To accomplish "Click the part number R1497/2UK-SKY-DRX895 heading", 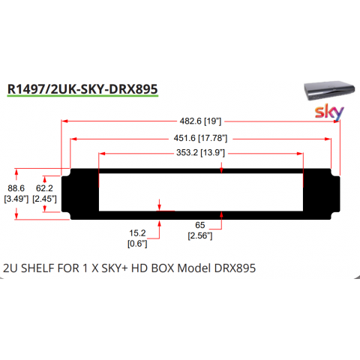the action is (x=82, y=89).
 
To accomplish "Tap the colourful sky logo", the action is (x=329, y=112).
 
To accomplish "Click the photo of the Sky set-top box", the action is (x=329, y=90).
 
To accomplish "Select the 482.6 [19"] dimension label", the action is (x=200, y=121).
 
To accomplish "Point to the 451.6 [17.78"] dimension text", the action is (x=200, y=138).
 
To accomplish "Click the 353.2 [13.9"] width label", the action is (x=200, y=152).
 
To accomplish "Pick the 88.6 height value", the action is (x=16, y=188).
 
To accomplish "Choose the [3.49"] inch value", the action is (x=16, y=199).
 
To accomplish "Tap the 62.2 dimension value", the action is (x=44, y=188).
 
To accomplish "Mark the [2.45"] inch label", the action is (x=44, y=199).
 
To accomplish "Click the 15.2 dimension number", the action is (x=137, y=233).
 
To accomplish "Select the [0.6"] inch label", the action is (x=137, y=244).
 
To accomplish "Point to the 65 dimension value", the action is (x=200, y=225).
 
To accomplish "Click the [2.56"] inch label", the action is (x=200, y=235).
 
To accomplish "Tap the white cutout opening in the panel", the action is (x=201, y=192).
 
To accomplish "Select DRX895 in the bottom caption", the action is (x=235, y=268).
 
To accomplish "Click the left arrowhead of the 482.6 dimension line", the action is (x=64, y=121).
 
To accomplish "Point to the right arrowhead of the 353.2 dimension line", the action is (x=300, y=154).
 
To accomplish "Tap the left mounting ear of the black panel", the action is (x=66, y=194).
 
